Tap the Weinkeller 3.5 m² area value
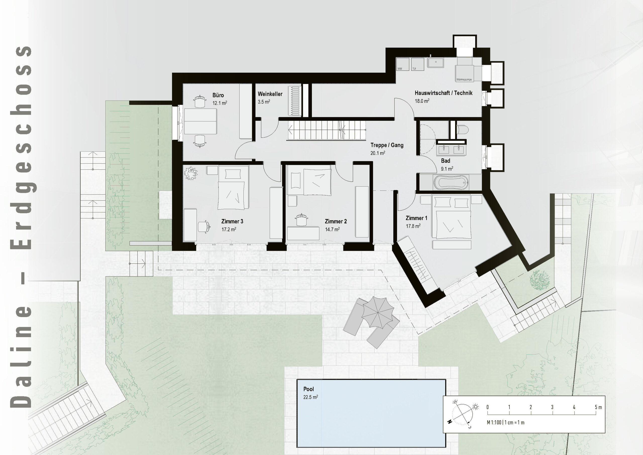(264, 102)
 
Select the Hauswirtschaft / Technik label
(443, 93)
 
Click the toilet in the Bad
(462, 130)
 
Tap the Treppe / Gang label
(387, 145)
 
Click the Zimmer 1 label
(416, 218)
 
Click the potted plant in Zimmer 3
(191, 173)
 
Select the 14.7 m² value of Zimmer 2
(332, 230)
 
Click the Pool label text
(308, 389)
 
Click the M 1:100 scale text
(506, 423)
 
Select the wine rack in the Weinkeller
(295, 101)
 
